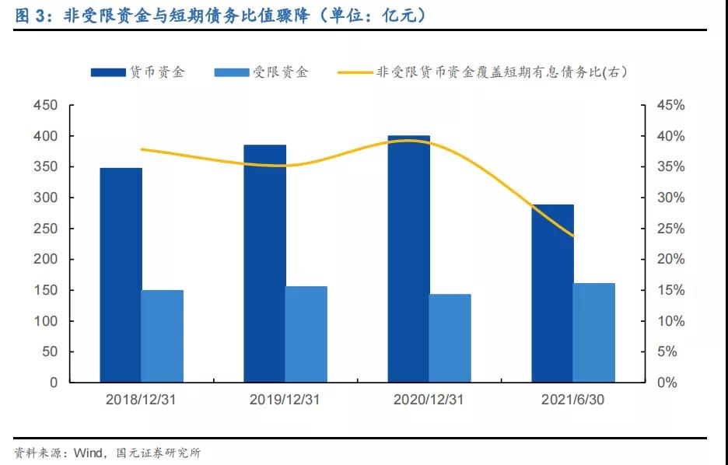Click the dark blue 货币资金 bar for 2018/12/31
121,275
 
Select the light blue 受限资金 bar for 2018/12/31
162,336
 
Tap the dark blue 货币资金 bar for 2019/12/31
264,264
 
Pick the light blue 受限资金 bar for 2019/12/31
306,334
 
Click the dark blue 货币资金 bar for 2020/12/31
408,259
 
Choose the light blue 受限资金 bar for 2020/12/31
450,338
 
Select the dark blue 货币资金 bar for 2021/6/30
553,293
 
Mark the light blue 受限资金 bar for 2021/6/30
594,333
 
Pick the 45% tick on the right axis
668,105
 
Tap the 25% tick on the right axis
668,229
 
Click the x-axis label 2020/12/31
429,400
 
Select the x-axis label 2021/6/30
573,400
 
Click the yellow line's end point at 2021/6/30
573,236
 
